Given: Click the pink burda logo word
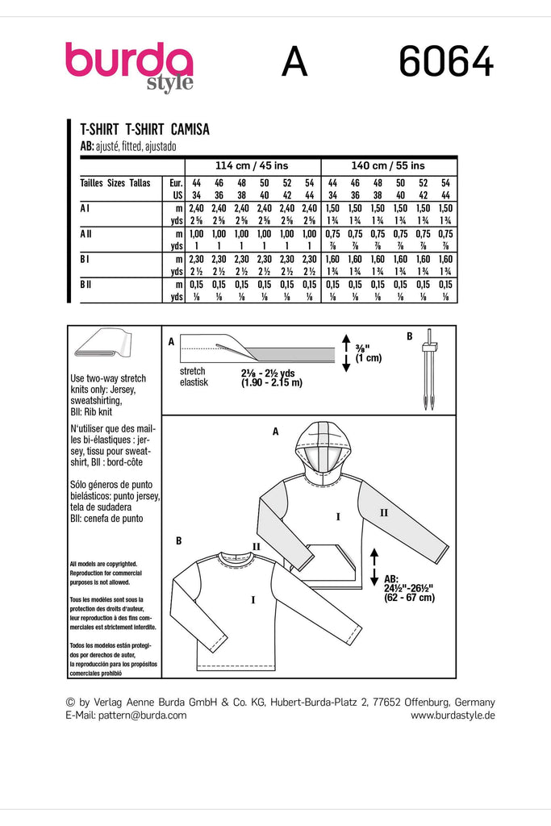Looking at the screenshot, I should [x=129, y=62].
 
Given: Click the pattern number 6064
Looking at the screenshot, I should [x=445, y=63].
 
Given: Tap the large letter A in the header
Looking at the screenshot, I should [x=294, y=63].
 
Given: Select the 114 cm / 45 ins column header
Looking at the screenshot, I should [x=253, y=165].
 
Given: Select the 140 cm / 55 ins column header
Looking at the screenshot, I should [x=389, y=165].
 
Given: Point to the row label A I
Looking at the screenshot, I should [x=85, y=208].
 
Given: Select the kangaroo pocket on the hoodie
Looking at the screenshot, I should [x=328, y=561].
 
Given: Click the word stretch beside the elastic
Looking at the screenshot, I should [x=194, y=372].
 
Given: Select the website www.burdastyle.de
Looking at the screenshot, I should [x=453, y=715].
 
